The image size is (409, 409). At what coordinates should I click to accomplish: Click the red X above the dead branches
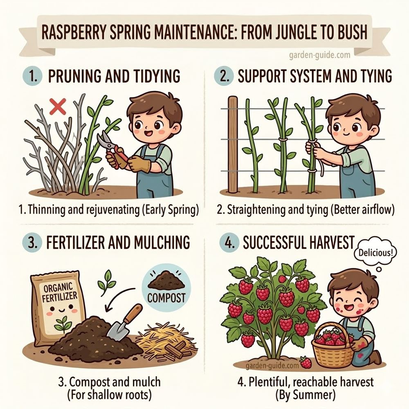pos(58,106)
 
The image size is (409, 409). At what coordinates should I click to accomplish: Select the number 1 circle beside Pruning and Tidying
pos(32,76)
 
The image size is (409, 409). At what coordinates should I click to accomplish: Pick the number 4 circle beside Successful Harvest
pos(229,243)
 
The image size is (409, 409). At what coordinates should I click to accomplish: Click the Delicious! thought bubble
pos(375,252)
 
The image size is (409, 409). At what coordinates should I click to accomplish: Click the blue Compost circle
pos(166,288)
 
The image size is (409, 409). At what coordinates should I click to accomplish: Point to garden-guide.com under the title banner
pos(319,55)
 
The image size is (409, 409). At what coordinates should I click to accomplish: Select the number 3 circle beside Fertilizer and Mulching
pos(32,243)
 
